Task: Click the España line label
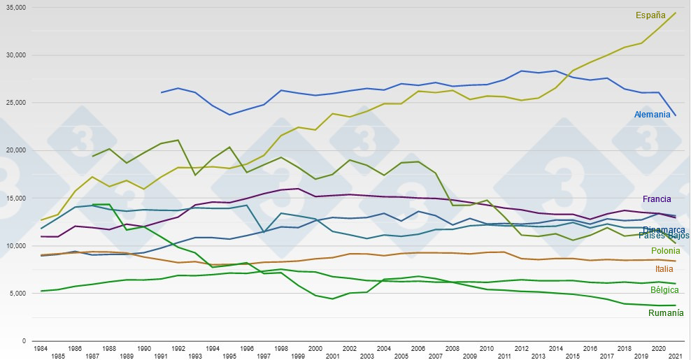pyautogui.click(x=650, y=15)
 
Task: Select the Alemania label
pyautogui.click(x=652, y=115)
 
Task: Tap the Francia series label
pyautogui.click(x=657, y=199)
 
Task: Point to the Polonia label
pyautogui.click(x=665, y=251)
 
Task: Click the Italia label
pyautogui.click(x=664, y=269)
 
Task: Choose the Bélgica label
pyautogui.click(x=664, y=290)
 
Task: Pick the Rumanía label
pyautogui.click(x=666, y=313)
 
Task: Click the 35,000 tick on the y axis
pyautogui.click(x=14, y=7)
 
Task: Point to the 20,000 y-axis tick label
pyautogui.click(x=14, y=150)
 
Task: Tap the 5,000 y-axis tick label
pyautogui.click(x=16, y=294)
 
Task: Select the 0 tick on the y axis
pyautogui.click(x=24, y=341)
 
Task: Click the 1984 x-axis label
pyautogui.click(x=41, y=348)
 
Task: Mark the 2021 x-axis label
pyautogui.click(x=676, y=356)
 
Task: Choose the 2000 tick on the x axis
pyautogui.click(x=315, y=348)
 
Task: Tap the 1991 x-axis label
pyautogui.click(x=161, y=356)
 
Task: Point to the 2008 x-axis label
pyautogui.click(x=453, y=348)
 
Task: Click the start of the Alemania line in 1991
pyautogui.click(x=161, y=92)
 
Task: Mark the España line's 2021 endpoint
pyautogui.click(x=676, y=13)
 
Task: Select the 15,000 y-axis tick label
pyautogui.click(x=14, y=198)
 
